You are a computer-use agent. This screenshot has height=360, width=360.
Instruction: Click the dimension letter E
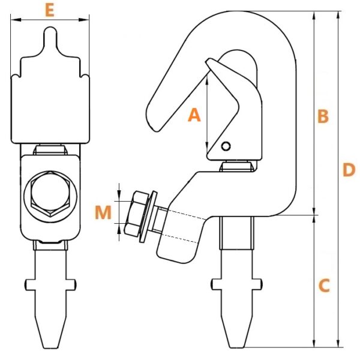coord(50,11)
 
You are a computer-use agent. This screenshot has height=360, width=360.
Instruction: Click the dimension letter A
coord(194,115)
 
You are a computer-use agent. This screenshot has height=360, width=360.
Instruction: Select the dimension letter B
coord(323,116)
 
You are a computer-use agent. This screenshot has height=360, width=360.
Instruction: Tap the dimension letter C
coord(324,286)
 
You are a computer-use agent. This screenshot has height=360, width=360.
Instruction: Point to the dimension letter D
coord(349,170)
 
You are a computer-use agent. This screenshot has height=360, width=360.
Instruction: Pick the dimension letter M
coord(103,212)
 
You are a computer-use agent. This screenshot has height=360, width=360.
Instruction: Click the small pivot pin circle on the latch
coord(226,146)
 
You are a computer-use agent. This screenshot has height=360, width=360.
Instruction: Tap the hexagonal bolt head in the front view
coord(50,194)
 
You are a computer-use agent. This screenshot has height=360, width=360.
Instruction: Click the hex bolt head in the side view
coord(136,214)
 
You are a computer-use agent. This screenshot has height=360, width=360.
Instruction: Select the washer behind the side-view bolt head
coord(148,216)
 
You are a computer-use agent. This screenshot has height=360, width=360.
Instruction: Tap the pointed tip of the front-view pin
coord(51,347)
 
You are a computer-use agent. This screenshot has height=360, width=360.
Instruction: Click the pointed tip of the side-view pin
coord(236,347)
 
